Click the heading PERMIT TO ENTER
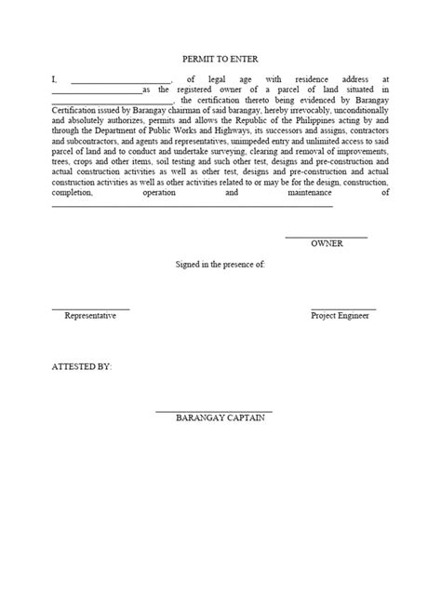click(x=220, y=58)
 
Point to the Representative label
click(x=90, y=316)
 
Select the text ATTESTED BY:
click(x=81, y=367)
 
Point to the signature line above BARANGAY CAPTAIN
click(x=213, y=411)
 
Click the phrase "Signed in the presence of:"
click(x=220, y=266)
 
